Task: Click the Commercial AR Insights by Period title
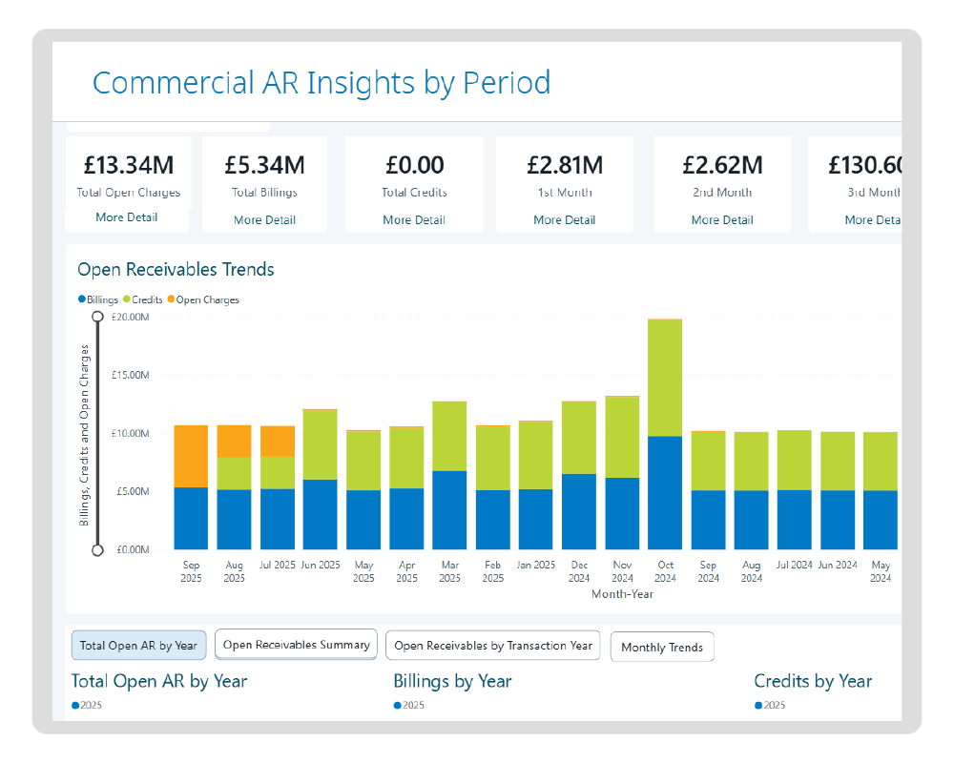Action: pos(321,83)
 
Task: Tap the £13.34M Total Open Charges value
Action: pos(129,165)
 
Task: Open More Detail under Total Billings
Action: pos(265,219)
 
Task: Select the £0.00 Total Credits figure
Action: pos(414,165)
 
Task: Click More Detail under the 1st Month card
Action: pos(564,219)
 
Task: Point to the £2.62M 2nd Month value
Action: pos(722,165)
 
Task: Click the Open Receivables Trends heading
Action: pos(176,270)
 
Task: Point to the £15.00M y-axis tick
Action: pos(131,375)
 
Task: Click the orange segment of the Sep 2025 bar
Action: pos(191,456)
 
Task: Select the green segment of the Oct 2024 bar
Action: pos(665,377)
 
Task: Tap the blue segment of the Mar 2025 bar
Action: pos(449,510)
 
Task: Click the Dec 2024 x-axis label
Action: pos(578,571)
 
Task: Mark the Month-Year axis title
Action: pos(622,594)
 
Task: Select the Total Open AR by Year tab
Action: pos(138,646)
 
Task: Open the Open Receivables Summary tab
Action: pos(296,645)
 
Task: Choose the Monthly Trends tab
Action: pos(661,648)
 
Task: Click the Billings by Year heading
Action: pos(452,681)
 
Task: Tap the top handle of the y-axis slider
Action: pos(97,316)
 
